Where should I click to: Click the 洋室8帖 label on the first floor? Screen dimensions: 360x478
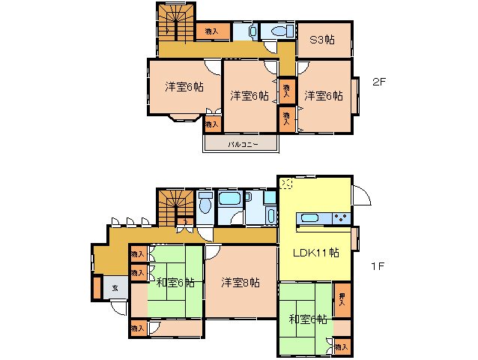click(240, 283)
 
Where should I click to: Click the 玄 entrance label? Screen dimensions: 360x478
click(115, 287)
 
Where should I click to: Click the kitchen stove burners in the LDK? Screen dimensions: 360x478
click(341, 218)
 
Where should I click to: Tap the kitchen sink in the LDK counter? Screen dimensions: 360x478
click(309, 218)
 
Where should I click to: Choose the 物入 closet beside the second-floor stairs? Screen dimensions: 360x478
click(211, 31)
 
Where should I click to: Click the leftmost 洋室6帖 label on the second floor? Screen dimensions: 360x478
click(184, 87)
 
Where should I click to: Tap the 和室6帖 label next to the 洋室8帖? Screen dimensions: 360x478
click(175, 283)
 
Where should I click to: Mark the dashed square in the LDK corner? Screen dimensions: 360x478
click(286, 184)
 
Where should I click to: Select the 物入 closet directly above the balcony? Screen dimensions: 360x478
click(212, 123)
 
